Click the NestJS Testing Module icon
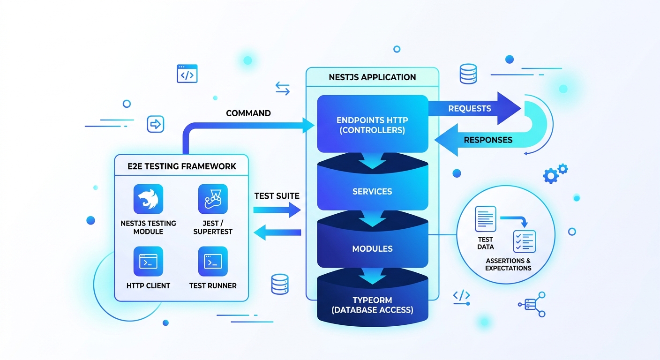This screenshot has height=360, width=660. coord(148,199)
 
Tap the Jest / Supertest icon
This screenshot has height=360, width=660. coord(213,199)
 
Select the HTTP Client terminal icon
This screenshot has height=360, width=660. coord(148,261)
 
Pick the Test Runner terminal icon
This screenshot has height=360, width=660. coord(213,261)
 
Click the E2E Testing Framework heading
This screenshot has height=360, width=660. coord(182,166)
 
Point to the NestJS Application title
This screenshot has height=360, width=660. coord(373,77)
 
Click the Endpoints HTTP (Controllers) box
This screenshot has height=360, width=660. coord(373,124)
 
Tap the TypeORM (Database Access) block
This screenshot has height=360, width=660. coord(373,302)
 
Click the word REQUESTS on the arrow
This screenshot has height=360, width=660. coord(470,109)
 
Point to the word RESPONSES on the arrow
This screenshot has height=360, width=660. coord(488,140)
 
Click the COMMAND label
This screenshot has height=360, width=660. coord(248,113)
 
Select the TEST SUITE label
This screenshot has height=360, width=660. coord(277,196)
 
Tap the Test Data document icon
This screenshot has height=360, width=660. coord(485,219)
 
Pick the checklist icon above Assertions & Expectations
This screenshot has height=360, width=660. coord(525,241)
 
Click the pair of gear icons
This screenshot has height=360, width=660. coord(555,173)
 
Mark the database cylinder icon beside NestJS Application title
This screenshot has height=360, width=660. coord(468,74)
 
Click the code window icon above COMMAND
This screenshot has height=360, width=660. coord(187,74)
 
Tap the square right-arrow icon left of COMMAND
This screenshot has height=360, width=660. coord(156,124)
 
